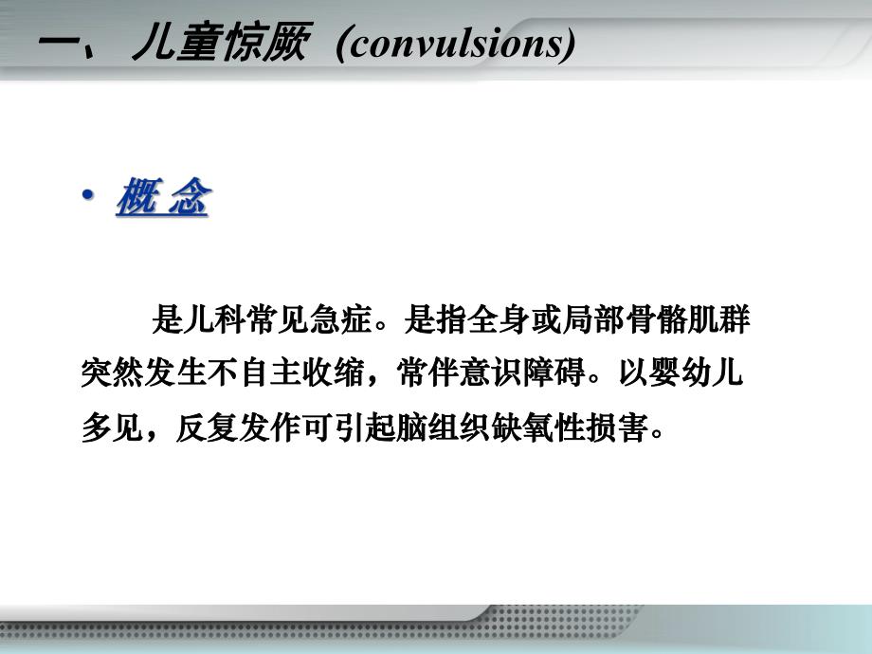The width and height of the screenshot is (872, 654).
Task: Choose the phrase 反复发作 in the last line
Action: (x=238, y=428)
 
